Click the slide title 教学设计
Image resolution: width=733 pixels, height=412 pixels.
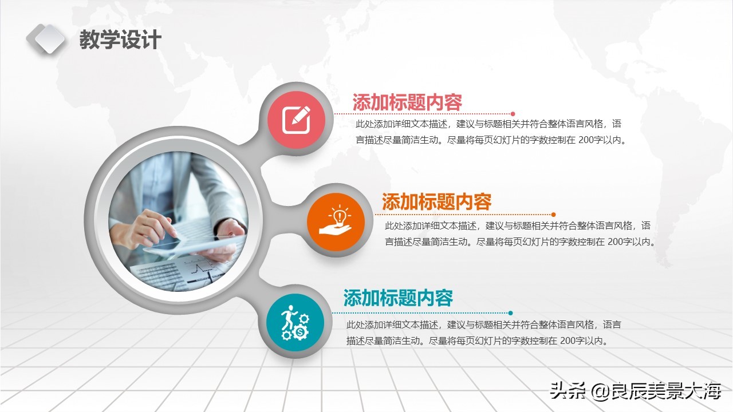point(120,40)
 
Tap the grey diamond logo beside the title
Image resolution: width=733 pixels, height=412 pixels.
point(46,38)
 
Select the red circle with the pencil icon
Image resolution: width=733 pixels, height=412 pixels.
point(297,120)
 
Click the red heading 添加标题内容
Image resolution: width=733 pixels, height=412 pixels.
point(407,102)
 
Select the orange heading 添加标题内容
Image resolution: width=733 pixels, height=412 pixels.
point(436,202)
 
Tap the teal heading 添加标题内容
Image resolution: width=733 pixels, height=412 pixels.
point(398,298)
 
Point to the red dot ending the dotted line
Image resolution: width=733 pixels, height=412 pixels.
point(513,114)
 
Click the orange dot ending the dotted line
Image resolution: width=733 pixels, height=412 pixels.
point(553,215)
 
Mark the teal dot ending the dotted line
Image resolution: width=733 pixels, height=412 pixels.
point(510,313)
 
